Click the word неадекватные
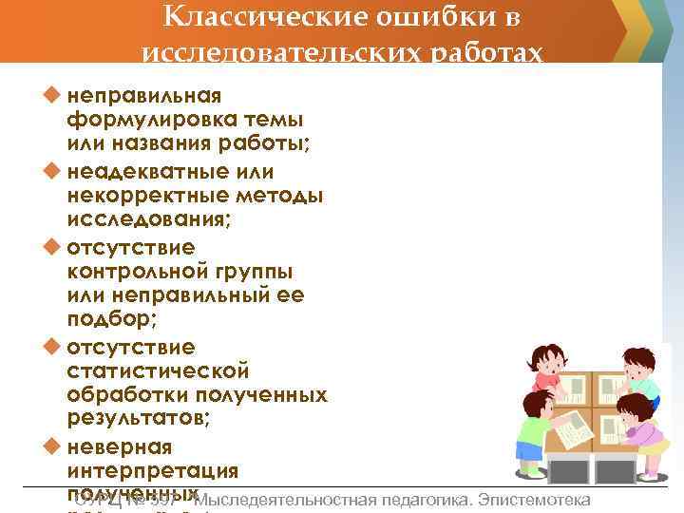coord(158,171)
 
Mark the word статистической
coord(158,370)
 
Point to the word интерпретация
coord(153,470)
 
